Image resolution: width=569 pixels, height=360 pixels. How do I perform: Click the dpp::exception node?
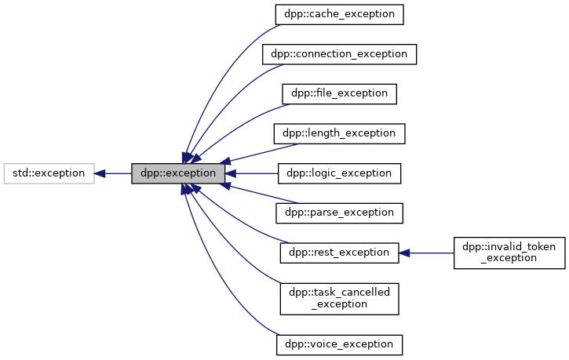pyautogui.click(x=178, y=173)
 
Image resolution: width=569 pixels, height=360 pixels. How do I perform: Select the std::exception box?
pyautogui.click(x=49, y=173)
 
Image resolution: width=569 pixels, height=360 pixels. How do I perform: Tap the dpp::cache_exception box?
pyautogui.click(x=339, y=14)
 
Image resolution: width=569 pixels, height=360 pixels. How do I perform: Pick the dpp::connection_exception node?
pyautogui.click(x=339, y=54)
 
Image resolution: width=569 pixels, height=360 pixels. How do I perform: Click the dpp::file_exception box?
pyautogui.click(x=339, y=93)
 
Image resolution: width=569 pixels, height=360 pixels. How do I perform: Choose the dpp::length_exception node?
pyautogui.click(x=339, y=133)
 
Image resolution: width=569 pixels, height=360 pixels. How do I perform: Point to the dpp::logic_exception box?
pyautogui.click(x=339, y=173)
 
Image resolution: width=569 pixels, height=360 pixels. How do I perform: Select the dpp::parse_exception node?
pyautogui.click(x=339, y=212)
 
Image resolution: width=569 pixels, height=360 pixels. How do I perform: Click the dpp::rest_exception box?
pyautogui.click(x=339, y=253)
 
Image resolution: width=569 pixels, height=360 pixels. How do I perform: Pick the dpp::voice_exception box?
pyautogui.click(x=339, y=344)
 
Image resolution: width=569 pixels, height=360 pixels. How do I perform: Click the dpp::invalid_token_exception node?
pyautogui.click(x=509, y=253)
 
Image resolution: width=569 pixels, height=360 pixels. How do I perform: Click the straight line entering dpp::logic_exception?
pyautogui.click(x=255, y=173)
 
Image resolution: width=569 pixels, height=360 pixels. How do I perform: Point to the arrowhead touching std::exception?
pyautogui.click(x=100, y=173)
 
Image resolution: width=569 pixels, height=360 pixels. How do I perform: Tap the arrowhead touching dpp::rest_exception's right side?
pyautogui.click(x=404, y=253)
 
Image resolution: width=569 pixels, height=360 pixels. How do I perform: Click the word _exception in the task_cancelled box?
pyautogui.click(x=339, y=304)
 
